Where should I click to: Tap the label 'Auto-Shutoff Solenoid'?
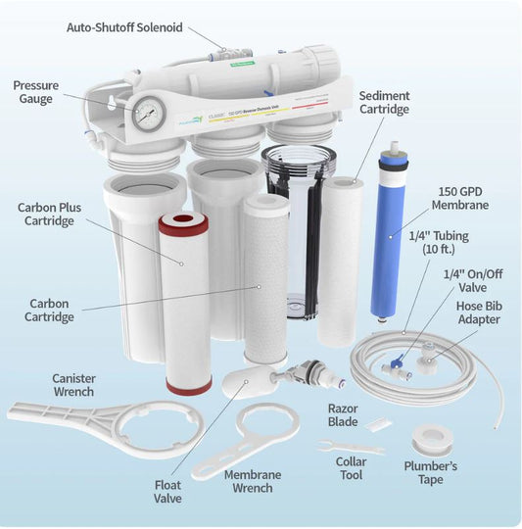[x=125, y=25]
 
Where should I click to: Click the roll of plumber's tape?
[x=430, y=438]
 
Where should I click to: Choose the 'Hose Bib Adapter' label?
[x=477, y=312]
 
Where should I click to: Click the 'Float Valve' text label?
[x=168, y=491]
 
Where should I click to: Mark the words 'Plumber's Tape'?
[x=430, y=473]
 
